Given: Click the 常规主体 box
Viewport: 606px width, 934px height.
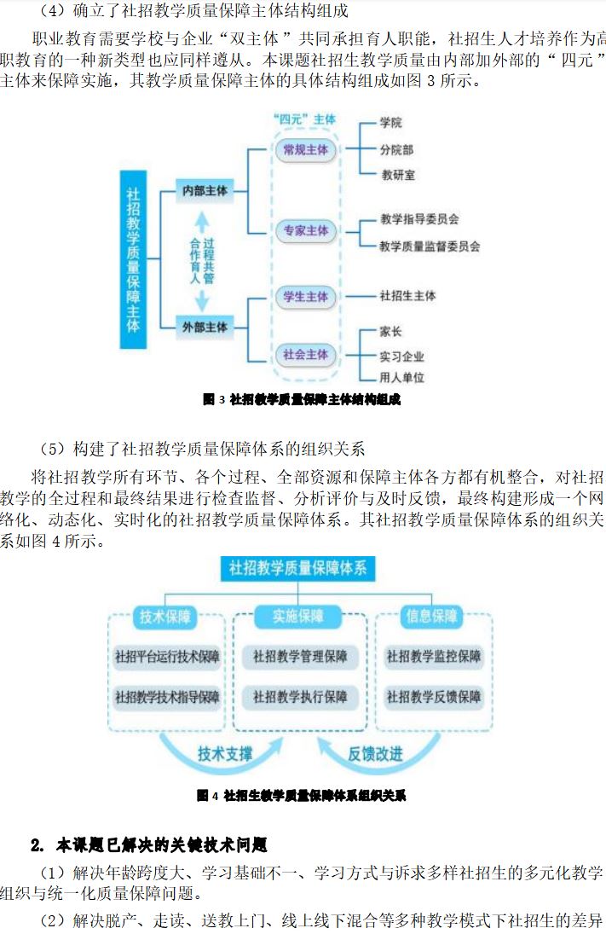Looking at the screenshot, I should pos(304,149).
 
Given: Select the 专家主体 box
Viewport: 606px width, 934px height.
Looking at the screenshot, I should pos(304,230).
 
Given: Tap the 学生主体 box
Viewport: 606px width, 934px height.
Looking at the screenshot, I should pos(304,296).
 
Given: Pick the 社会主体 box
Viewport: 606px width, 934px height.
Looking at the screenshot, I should pos(304,354).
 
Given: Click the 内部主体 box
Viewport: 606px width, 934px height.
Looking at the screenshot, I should pos(205,192).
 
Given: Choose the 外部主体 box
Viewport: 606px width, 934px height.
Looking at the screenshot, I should pos(205,327).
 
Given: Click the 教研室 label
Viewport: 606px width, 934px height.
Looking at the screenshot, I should pos(398,175).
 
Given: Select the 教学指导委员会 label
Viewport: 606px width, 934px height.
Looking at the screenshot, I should pos(420,219).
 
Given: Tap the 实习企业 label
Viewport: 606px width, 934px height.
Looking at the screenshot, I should pos(401,357).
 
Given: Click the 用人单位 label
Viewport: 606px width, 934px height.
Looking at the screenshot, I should pos(401,377).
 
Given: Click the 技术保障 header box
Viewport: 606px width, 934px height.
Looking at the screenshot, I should pos(165,617).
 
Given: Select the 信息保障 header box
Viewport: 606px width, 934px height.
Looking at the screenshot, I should pos(432,617).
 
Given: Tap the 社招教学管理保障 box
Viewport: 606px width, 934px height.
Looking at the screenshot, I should pos(300,657).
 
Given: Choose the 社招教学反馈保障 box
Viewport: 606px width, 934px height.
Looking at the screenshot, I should pos(434,697).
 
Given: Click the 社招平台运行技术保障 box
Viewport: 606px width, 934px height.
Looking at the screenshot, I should pos(167,657).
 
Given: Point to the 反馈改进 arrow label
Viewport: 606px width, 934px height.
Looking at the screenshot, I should pos(374,754).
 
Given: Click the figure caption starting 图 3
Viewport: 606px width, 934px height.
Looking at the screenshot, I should pos(302,399).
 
